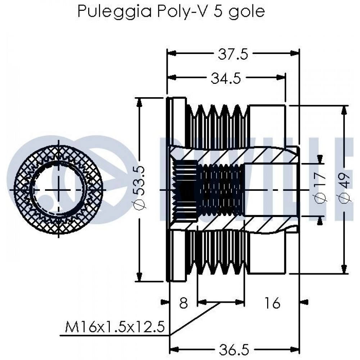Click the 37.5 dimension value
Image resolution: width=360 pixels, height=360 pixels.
[x=233, y=55]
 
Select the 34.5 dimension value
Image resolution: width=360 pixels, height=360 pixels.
[x=226, y=78]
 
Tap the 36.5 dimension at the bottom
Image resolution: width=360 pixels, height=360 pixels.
[x=234, y=350]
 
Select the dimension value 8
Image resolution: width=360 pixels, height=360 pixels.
[x=183, y=303]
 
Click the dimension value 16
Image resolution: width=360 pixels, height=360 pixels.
[x=272, y=303]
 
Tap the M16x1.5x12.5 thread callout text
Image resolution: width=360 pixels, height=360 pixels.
[x=115, y=327]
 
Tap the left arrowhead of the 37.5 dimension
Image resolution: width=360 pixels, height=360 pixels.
[x=171, y=53]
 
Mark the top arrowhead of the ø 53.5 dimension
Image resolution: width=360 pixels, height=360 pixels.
[x=139, y=102]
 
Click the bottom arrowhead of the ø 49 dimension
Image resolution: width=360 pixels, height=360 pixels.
[x=344, y=269]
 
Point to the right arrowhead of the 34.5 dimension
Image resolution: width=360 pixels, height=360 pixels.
[x=281, y=77]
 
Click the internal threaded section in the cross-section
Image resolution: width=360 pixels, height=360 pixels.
[x=220, y=189]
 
